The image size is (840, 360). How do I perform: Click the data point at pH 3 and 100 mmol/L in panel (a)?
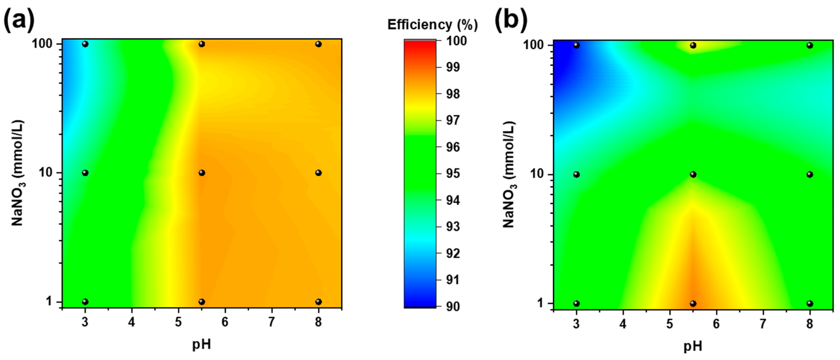[x=85, y=44]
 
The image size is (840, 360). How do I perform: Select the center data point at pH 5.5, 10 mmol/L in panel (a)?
[x=202, y=173]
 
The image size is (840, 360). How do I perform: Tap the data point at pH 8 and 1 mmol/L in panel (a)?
[x=319, y=302]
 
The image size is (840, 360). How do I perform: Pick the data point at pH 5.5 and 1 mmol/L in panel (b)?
[x=693, y=304]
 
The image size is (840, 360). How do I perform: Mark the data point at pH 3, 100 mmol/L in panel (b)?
[x=576, y=45]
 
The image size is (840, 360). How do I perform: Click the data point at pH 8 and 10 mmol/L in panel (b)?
[x=810, y=174]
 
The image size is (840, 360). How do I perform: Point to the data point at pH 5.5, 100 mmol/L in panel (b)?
[x=693, y=45]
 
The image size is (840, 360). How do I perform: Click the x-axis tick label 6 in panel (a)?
[x=225, y=322]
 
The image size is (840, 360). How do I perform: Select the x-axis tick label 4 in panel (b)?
[x=623, y=324]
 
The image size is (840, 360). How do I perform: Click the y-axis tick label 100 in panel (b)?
[x=533, y=45]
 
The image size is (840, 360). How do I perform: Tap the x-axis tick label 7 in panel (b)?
[x=763, y=324]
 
